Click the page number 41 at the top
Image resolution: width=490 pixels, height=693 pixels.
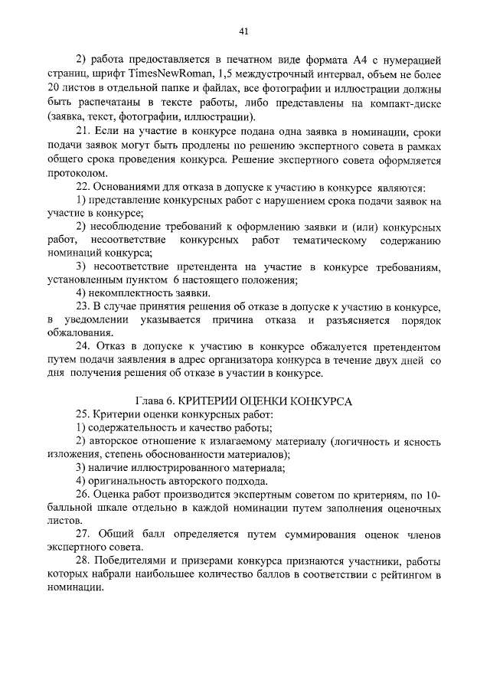pyautogui.click(x=244, y=31)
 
